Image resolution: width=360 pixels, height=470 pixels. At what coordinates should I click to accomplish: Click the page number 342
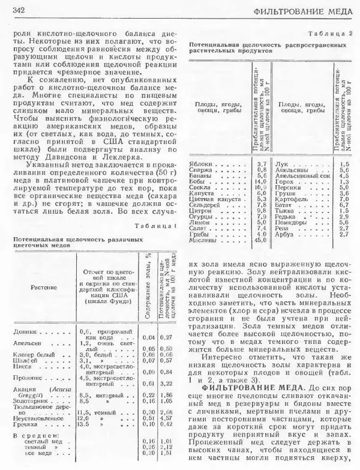[x=17, y=10]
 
